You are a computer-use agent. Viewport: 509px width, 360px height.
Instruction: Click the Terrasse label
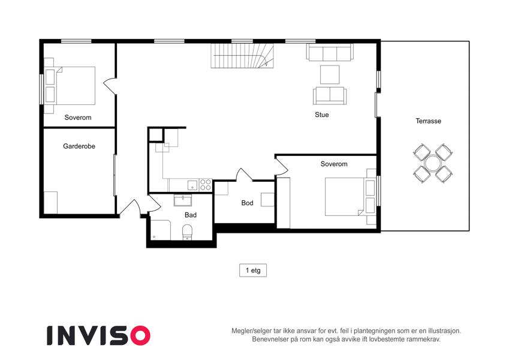[x=428, y=121]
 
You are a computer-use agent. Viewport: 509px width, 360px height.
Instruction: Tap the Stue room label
[x=322, y=115]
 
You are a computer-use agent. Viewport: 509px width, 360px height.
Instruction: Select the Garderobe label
[x=79, y=146]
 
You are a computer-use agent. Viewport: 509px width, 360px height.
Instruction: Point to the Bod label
[x=247, y=203]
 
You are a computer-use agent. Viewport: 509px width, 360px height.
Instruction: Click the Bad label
[x=191, y=215]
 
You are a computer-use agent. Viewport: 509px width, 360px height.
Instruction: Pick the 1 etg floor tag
[x=253, y=271]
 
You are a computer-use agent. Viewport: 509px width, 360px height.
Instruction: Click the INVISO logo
[x=99, y=335]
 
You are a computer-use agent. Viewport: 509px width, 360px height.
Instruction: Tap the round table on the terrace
[x=432, y=163]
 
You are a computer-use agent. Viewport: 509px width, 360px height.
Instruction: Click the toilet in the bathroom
[x=187, y=232]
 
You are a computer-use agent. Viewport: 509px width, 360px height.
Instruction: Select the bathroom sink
[x=183, y=200]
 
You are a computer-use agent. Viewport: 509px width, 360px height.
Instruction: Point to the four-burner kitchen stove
[x=206, y=185]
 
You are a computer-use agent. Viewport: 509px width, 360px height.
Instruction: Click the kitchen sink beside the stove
[x=192, y=185]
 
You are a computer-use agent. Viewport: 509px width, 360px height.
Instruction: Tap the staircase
[x=242, y=56]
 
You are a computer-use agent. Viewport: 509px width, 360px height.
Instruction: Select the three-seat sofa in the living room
[x=330, y=52]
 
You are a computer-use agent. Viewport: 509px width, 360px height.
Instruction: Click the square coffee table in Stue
[x=330, y=75]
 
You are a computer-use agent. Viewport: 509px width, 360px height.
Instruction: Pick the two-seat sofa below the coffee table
[x=330, y=95]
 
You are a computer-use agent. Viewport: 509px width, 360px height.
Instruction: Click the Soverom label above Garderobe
[x=78, y=118]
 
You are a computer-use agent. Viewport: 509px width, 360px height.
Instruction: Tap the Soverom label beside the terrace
[x=334, y=164]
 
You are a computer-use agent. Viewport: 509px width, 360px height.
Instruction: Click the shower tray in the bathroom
[x=161, y=230]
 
